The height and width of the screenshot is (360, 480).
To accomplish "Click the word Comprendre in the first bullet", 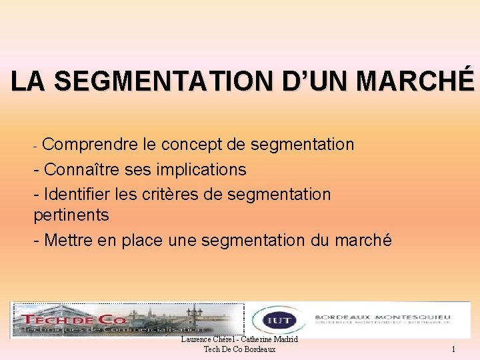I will tap(91, 145).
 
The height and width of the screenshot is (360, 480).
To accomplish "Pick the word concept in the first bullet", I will tap(197, 145).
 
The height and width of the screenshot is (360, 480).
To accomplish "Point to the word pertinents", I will tap(71, 215).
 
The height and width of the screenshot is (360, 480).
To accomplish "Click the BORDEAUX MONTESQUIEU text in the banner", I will tap(382, 317).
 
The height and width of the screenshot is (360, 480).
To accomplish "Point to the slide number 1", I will tap(453, 349).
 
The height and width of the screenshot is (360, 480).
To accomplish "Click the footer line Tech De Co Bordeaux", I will tap(239, 350).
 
